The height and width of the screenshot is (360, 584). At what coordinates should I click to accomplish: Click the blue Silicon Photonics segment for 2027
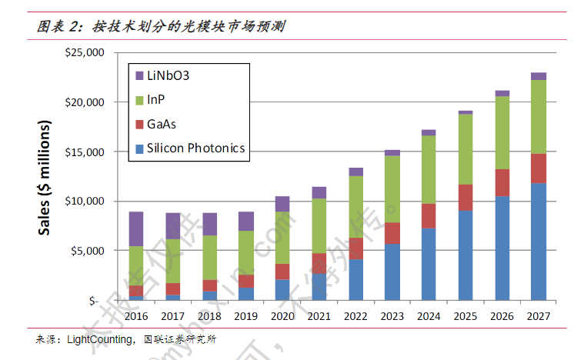coord(539,242)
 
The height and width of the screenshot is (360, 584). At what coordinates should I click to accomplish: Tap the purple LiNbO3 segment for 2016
coord(135,228)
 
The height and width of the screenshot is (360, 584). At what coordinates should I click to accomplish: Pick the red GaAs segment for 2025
coord(466,198)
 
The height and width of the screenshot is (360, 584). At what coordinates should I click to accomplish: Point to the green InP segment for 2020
coord(282,238)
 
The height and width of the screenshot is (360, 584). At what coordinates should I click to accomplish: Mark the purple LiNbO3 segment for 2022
coord(355,172)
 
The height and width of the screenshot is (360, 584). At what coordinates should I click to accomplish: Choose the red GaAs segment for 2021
coord(319,263)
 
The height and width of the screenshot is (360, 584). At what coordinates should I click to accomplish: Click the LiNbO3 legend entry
coord(168,75)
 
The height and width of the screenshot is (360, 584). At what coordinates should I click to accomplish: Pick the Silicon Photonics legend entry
coord(195,148)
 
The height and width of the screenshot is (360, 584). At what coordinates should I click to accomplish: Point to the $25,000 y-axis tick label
coord(85,52)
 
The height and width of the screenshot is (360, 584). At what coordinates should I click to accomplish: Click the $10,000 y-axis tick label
coord(85,202)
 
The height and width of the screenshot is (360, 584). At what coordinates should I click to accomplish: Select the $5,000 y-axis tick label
coord(87,251)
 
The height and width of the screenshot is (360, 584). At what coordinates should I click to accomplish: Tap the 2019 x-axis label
coord(245,315)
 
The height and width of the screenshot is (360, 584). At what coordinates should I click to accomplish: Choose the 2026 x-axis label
coord(502,315)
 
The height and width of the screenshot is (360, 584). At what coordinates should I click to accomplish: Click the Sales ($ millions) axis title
coord(45,177)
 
